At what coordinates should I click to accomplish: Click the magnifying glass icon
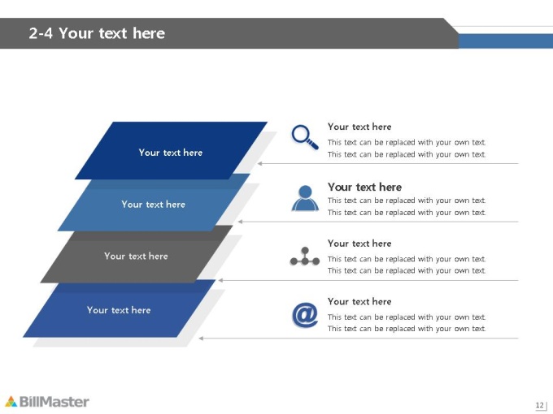[305, 137]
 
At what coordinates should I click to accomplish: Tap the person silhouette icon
[305, 198]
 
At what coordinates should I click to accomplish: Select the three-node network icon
[305, 257]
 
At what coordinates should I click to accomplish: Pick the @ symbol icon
[305, 314]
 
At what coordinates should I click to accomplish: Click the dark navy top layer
[171, 150]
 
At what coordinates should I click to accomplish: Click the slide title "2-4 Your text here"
[97, 33]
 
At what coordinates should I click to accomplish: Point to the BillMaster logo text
[54, 402]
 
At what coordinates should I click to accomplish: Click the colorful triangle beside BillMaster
[11, 401]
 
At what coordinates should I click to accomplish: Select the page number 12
[540, 405]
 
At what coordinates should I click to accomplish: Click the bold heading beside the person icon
[364, 187]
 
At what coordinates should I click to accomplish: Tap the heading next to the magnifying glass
[359, 127]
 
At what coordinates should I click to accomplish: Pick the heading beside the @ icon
[359, 301]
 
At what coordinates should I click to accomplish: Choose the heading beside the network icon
[359, 244]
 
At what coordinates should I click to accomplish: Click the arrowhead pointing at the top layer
[259, 164]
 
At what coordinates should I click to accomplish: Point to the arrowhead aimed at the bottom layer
[201, 339]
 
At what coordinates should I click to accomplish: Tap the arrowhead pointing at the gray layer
[220, 281]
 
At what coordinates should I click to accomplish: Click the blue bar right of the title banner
[506, 41]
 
